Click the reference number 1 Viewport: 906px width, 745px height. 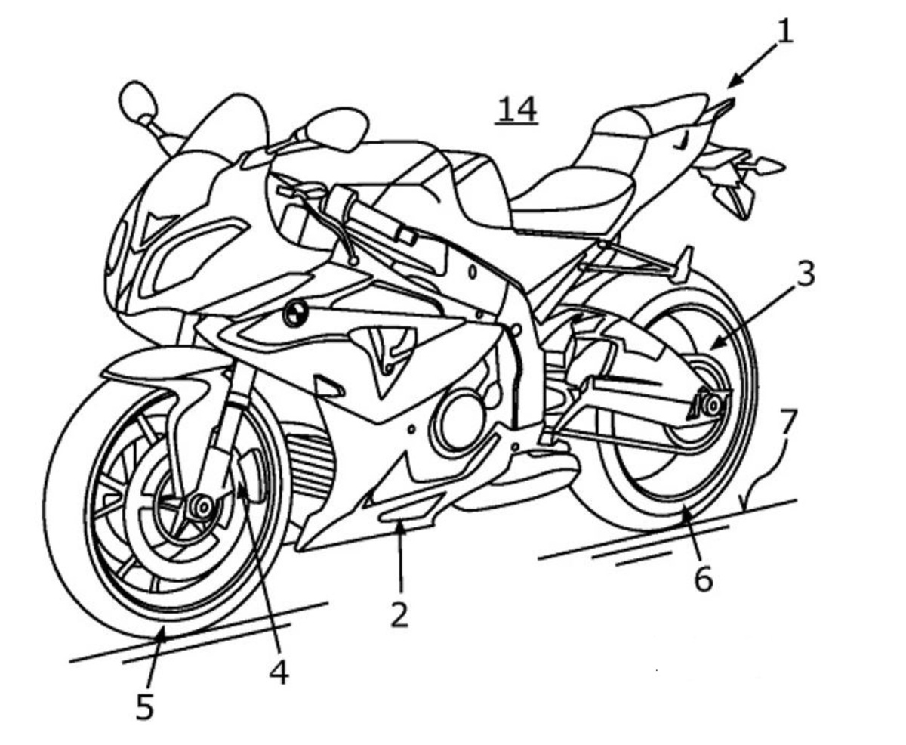tap(785, 32)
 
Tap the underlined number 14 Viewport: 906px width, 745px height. tap(517, 109)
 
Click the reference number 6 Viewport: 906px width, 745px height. tap(703, 580)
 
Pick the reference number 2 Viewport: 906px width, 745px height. tap(399, 616)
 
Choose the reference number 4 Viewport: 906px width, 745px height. tap(279, 672)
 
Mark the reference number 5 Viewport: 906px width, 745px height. tap(144, 707)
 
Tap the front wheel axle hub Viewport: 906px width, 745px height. tap(201, 507)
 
